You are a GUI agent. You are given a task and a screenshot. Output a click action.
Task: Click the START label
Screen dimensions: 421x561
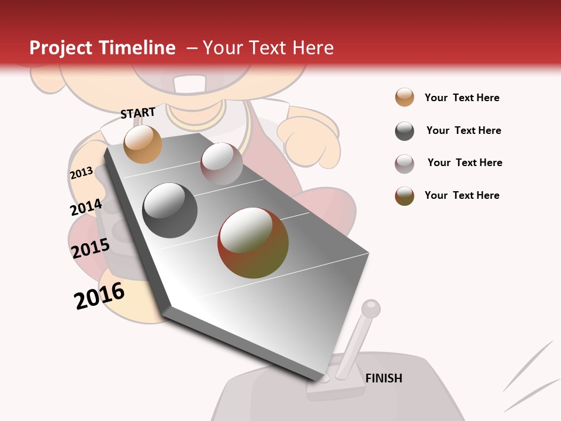(x=138, y=112)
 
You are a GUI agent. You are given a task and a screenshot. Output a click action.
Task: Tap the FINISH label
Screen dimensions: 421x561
(x=383, y=378)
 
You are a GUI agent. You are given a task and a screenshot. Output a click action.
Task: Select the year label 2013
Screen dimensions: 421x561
(x=81, y=173)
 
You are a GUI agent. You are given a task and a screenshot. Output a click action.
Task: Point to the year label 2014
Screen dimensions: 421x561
(x=86, y=208)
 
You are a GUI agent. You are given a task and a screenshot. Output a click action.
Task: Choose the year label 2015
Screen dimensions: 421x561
(x=90, y=249)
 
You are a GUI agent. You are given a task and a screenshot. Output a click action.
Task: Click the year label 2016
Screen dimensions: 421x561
(x=99, y=296)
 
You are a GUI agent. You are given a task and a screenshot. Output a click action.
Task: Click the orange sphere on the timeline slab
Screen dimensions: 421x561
(x=143, y=144)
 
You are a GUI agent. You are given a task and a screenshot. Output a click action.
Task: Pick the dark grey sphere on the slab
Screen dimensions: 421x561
(x=170, y=210)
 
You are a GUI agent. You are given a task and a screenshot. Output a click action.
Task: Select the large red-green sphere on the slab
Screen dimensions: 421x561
(x=253, y=243)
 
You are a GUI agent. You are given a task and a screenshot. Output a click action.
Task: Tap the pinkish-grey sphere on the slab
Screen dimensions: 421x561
(x=221, y=164)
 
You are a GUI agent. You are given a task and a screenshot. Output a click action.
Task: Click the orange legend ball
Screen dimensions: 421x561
(x=404, y=97)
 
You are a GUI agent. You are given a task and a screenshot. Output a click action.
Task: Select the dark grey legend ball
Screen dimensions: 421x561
(x=404, y=131)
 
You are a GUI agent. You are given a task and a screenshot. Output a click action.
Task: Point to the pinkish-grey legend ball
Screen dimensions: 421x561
(x=404, y=164)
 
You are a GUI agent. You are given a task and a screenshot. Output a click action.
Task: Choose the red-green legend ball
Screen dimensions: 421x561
(x=404, y=196)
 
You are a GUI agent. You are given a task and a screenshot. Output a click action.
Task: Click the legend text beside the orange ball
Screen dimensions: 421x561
(x=462, y=98)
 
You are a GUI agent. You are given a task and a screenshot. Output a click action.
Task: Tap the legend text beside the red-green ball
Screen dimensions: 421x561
(x=462, y=195)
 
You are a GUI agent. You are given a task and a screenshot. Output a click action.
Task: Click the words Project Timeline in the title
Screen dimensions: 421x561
(x=102, y=48)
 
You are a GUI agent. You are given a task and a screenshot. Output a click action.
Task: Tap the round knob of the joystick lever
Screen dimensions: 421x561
(x=370, y=308)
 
